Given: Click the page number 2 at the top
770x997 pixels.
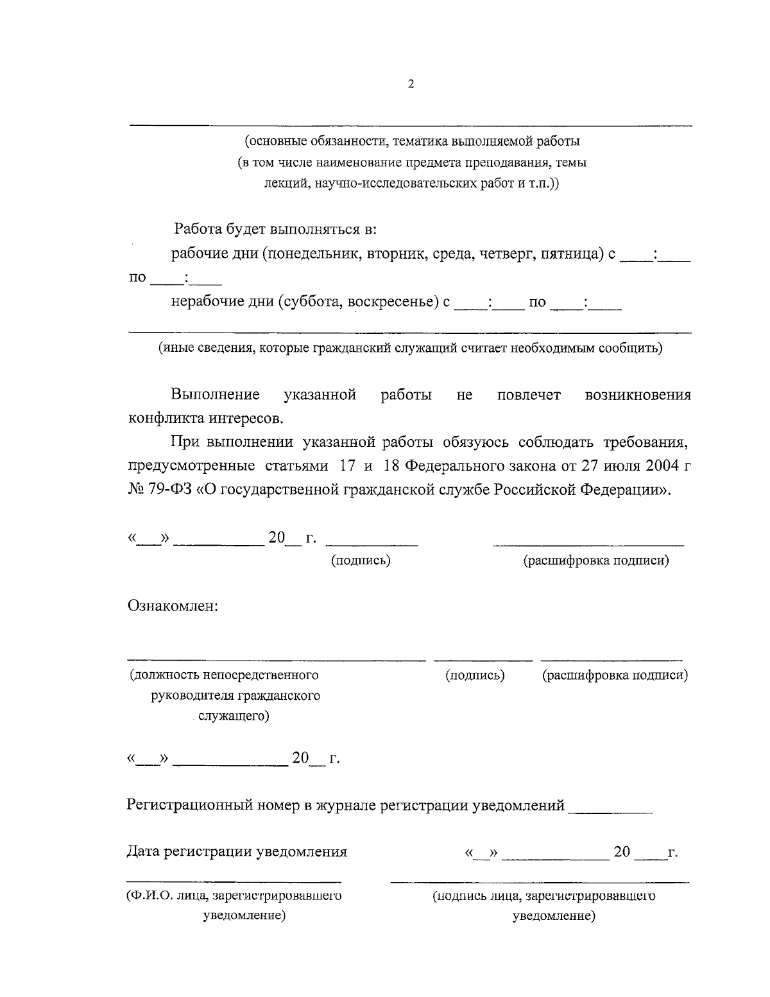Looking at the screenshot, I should click(411, 84).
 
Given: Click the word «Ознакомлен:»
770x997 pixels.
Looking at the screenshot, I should click(174, 605).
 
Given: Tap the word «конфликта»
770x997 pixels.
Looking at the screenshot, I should click(166, 419).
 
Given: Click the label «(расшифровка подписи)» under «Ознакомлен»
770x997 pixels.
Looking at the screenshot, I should click(615, 675).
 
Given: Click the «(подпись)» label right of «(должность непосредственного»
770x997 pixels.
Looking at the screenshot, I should click(475, 675).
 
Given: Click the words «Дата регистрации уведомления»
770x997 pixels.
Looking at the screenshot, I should click(237, 852).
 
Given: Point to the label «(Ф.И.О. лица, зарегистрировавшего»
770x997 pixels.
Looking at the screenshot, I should click(234, 896).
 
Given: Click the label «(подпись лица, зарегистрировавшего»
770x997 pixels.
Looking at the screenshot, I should click(543, 896).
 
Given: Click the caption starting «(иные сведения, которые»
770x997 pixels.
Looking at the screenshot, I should click(411, 349).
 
